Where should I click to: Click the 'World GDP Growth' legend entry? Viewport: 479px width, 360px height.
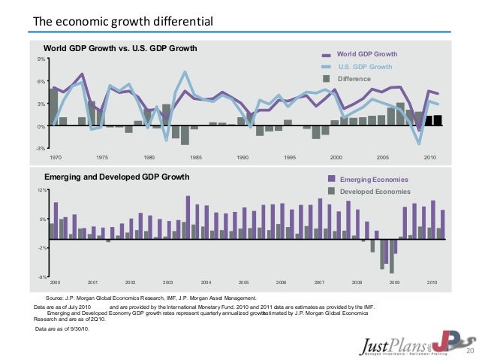pos(366,55)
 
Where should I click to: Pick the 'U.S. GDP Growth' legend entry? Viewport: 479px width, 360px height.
pos(364,67)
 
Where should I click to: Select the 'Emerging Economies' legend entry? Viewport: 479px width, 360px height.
pos(374,180)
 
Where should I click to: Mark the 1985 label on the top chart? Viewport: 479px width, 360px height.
pos(196,158)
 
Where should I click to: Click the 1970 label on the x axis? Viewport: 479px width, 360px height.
pos(56,158)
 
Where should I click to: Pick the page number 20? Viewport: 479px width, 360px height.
pos(471,351)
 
